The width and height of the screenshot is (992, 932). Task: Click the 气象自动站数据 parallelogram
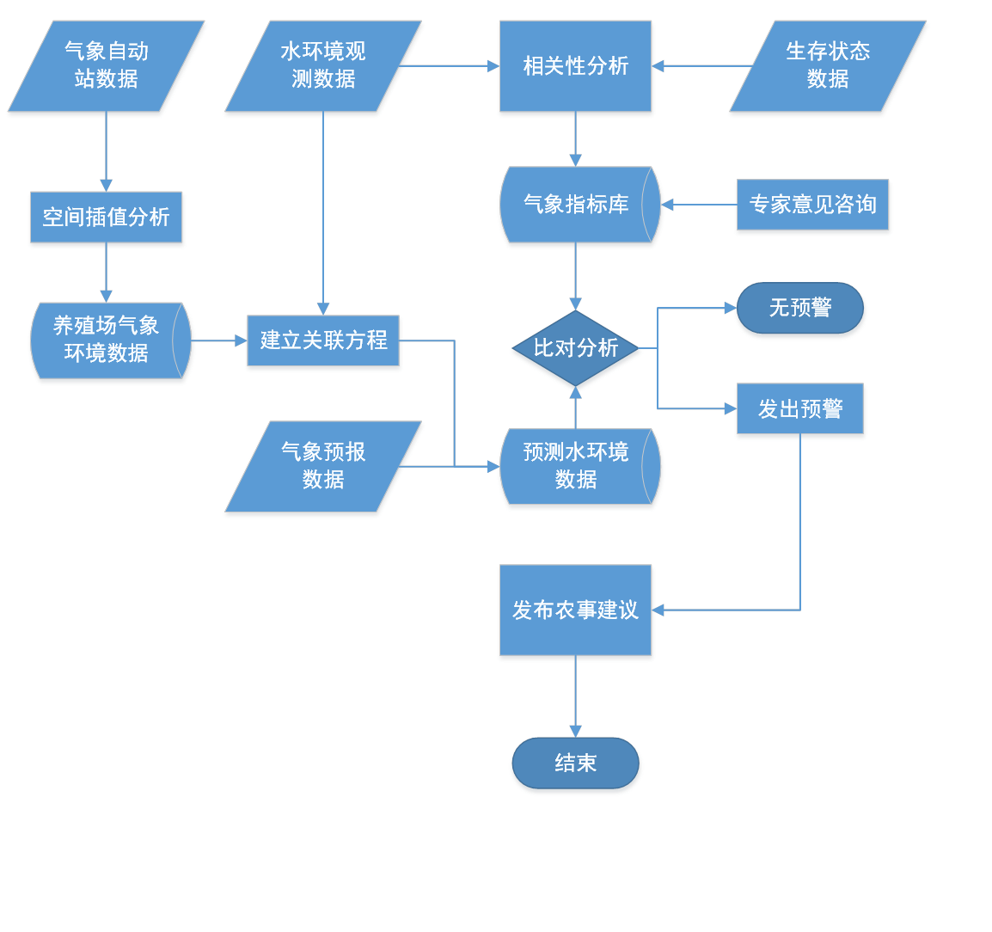pyautogui.click(x=107, y=67)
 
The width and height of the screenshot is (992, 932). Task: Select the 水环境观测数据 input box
pyautogui.click(x=323, y=67)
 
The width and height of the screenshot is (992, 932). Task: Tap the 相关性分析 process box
pyautogui.click(x=575, y=67)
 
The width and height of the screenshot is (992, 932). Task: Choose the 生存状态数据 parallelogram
pyautogui.click(x=828, y=67)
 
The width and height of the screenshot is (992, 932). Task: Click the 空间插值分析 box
pyautogui.click(x=107, y=218)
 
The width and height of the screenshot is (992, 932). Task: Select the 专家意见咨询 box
pyautogui.click(x=812, y=206)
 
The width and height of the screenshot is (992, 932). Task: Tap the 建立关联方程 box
pyautogui.click(x=323, y=341)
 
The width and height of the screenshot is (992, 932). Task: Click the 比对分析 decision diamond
pyautogui.click(x=575, y=348)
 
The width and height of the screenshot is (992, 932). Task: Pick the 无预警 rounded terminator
pyautogui.click(x=800, y=309)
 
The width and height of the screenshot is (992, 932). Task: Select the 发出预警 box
pyautogui.click(x=800, y=410)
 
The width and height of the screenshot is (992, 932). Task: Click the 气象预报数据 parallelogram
pyautogui.click(x=323, y=467)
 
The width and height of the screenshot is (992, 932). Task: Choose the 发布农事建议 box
pyautogui.click(x=575, y=611)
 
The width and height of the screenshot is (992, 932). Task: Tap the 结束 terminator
pyautogui.click(x=575, y=763)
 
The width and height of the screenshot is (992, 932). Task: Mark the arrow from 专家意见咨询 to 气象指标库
pyautogui.click(x=698, y=205)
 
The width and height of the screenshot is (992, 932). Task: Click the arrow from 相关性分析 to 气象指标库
pyautogui.click(x=575, y=141)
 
